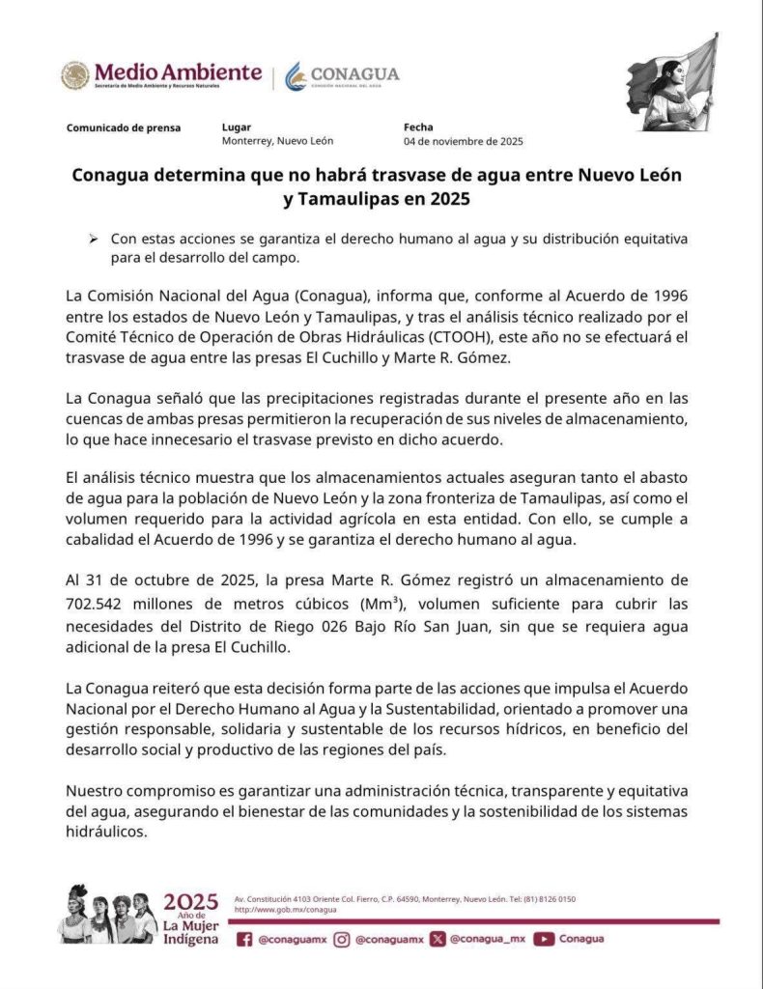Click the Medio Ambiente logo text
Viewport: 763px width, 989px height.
pyautogui.click(x=178, y=73)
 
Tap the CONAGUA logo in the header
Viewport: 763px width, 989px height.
pyautogui.click(x=342, y=75)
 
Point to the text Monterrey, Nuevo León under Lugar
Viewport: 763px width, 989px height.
pyautogui.click(x=277, y=141)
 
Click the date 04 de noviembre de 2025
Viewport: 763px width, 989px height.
pyautogui.click(x=463, y=141)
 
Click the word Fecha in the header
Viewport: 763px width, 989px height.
pyautogui.click(x=418, y=127)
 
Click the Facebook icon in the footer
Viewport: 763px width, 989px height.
pyautogui.click(x=244, y=938)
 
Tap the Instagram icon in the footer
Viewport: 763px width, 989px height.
pyautogui.click(x=342, y=938)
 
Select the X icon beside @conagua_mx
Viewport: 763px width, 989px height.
pyautogui.click(x=438, y=938)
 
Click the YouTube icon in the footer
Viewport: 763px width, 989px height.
pyautogui.click(x=544, y=938)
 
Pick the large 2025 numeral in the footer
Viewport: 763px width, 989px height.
pyautogui.click(x=190, y=902)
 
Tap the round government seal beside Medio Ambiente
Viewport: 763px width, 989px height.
pyautogui.click(x=74, y=75)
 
